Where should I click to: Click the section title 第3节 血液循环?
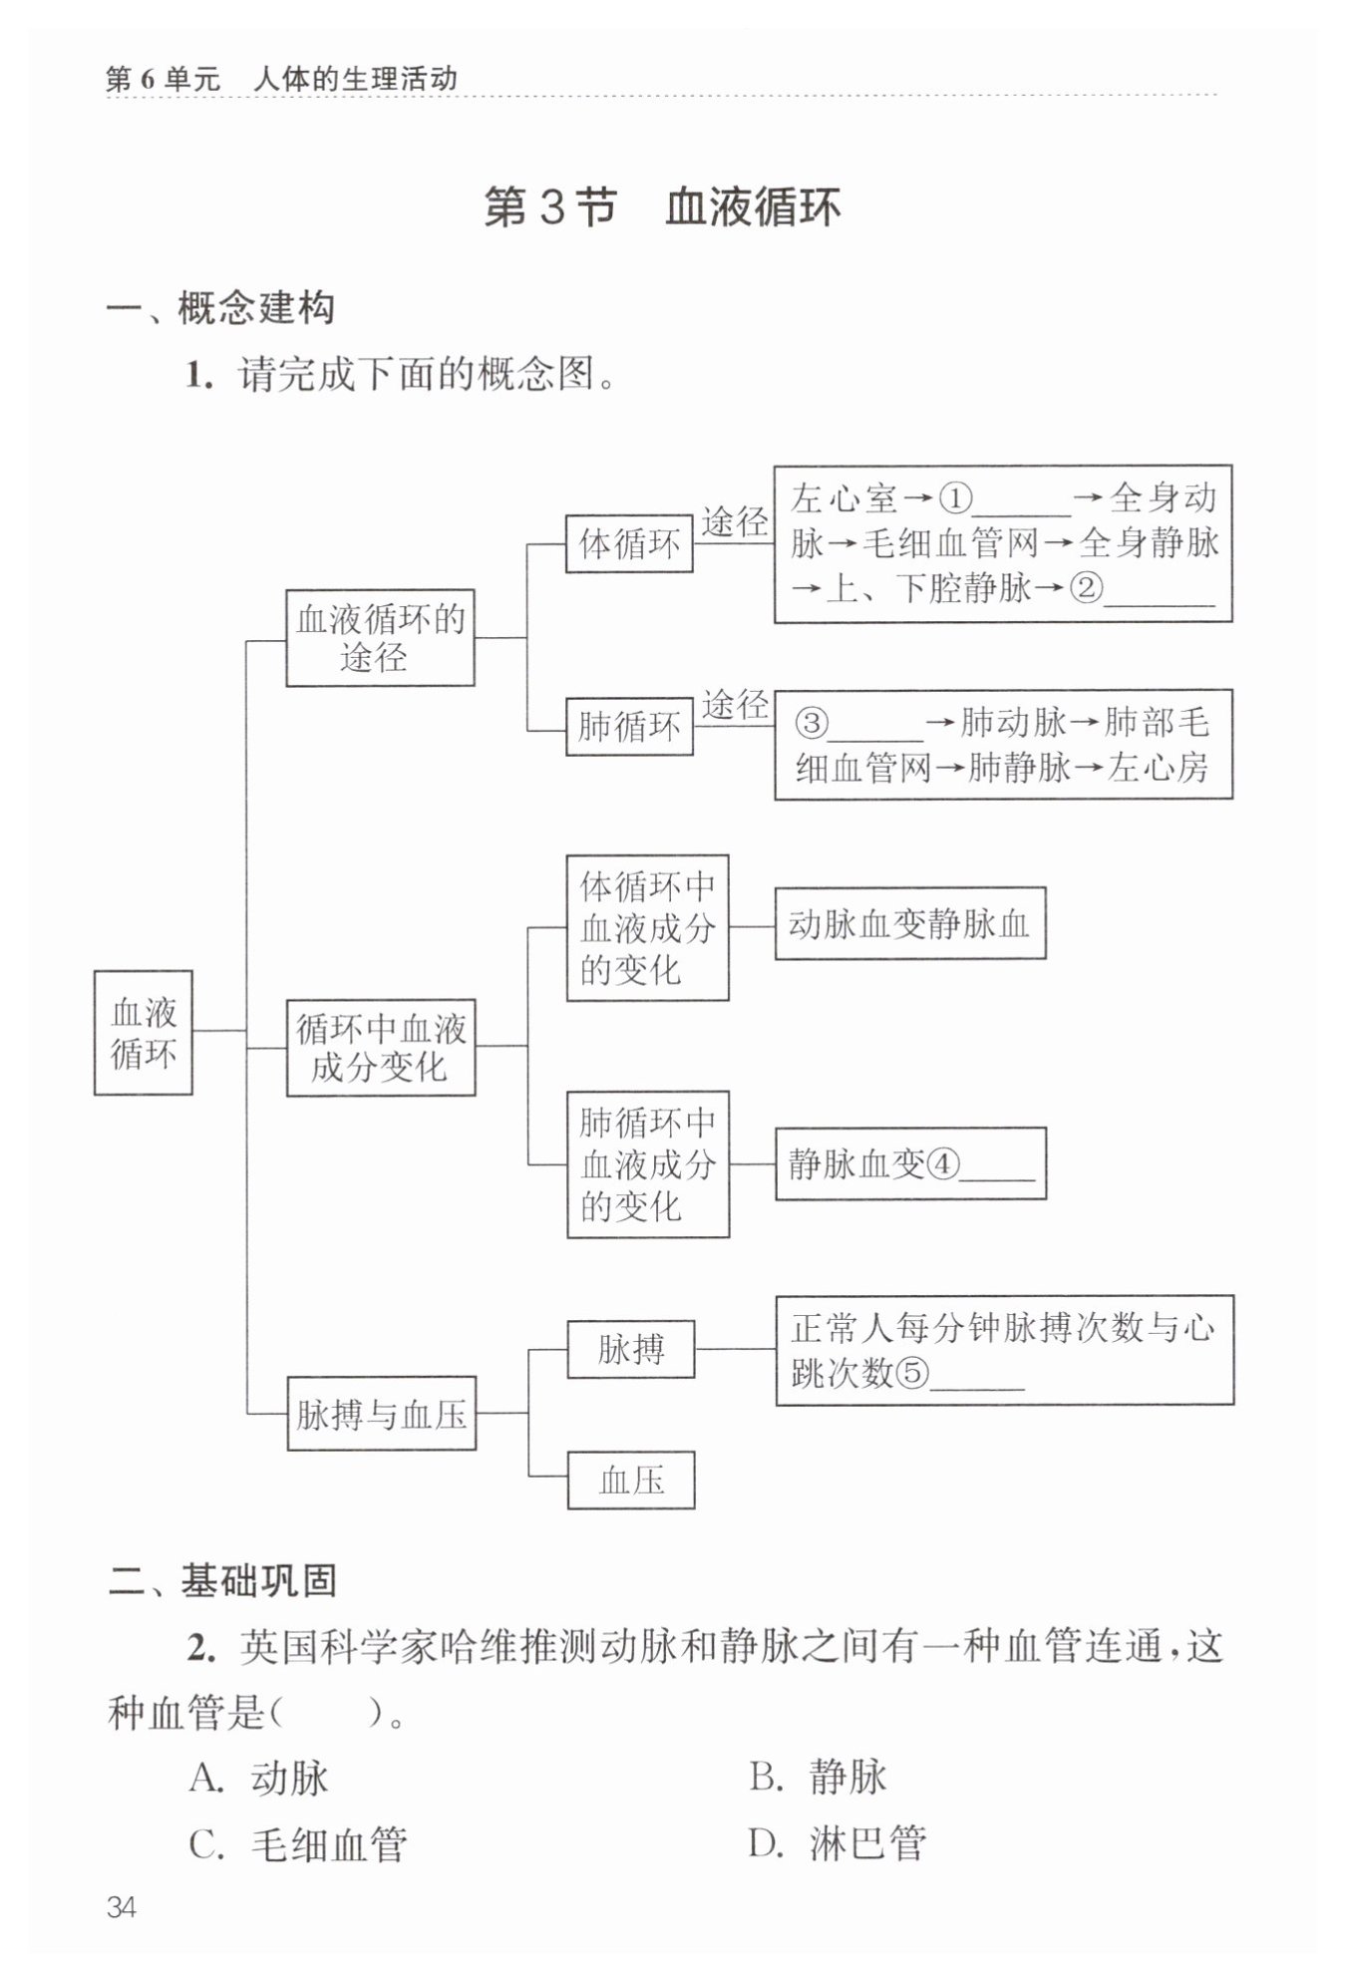tap(662, 207)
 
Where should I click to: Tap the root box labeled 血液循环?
tap(143, 1033)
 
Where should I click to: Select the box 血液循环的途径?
tap(380, 638)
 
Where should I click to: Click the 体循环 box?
tap(628, 544)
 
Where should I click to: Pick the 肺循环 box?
tap(628, 726)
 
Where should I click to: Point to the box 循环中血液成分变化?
tap(380, 1048)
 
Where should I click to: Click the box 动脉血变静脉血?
tap(909, 924)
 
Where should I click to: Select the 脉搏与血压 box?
tap(381, 1414)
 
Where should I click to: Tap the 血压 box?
tap(630, 1481)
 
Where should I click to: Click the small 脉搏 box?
tap(630, 1350)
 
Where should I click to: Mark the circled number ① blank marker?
tap(956, 497)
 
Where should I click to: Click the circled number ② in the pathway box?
tap(1086, 588)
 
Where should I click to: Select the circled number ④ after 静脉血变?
tap(942, 1164)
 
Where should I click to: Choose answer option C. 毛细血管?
tap(298, 1844)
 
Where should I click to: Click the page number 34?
tap(121, 1908)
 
